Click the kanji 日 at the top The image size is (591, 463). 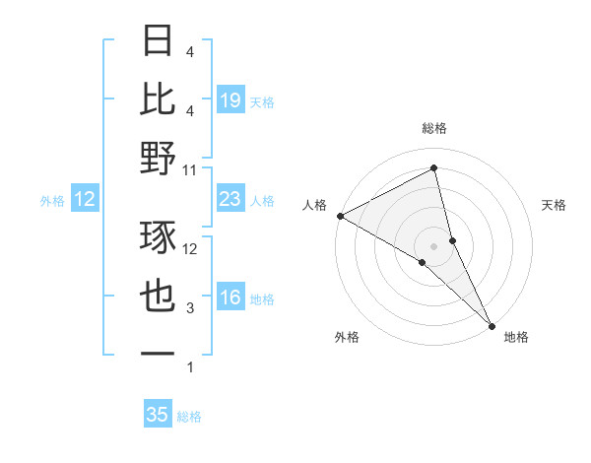[x=159, y=42]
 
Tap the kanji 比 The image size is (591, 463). [x=159, y=99]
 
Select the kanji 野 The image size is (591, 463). [x=159, y=158]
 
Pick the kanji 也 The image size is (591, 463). [x=159, y=297]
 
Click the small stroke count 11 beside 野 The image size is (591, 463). [x=190, y=169]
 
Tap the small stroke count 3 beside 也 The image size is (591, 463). [x=190, y=308]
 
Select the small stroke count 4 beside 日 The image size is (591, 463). [x=190, y=51]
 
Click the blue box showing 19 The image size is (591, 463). [x=230, y=99]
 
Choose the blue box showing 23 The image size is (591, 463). [x=230, y=199]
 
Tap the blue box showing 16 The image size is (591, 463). [x=230, y=298]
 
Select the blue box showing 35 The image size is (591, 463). [x=157, y=415]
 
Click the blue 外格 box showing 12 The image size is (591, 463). [x=85, y=199]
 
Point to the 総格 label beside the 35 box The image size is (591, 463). [x=189, y=417]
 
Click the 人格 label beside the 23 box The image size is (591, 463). [x=262, y=201]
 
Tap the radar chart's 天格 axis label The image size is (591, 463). [x=555, y=205]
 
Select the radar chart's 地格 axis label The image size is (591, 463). [x=516, y=337]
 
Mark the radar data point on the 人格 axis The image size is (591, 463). [x=340, y=215]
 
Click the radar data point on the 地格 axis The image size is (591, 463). [x=492, y=324]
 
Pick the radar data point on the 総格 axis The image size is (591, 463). [x=433, y=169]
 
